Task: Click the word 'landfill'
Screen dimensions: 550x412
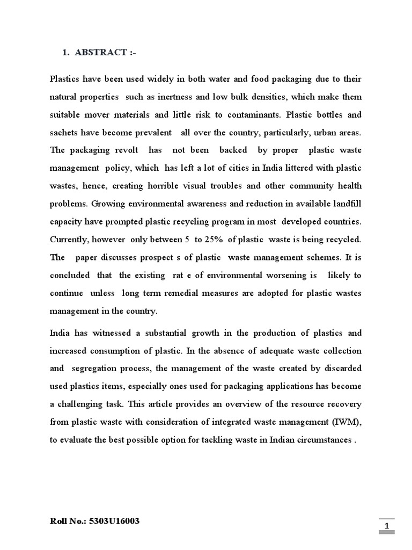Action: [346, 204]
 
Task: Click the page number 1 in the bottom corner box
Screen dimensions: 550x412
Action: [387, 525]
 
